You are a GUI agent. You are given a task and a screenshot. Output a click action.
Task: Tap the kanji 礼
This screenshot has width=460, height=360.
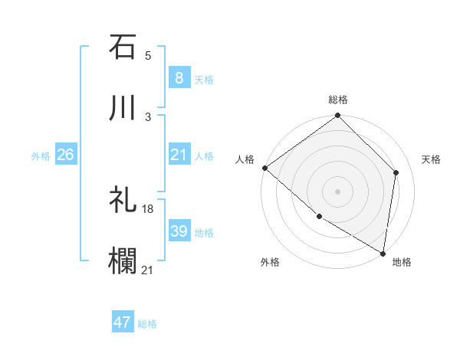(x=123, y=201)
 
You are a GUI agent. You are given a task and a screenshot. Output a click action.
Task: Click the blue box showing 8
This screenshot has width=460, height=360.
(x=179, y=78)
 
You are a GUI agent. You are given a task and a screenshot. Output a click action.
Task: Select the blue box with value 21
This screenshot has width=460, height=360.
(x=179, y=155)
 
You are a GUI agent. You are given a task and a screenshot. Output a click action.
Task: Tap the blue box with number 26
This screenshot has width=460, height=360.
(x=65, y=155)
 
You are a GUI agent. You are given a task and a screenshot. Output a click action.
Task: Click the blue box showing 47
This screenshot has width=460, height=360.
(x=123, y=322)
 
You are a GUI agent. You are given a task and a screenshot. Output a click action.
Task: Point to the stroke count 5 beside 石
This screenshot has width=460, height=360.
(x=148, y=55)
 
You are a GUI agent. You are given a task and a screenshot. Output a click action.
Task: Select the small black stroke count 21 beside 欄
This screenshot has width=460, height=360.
(x=148, y=270)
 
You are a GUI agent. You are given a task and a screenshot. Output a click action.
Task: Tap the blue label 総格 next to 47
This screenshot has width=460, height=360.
(x=147, y=324)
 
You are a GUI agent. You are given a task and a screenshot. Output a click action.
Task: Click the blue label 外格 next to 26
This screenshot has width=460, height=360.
(x=41, y=156)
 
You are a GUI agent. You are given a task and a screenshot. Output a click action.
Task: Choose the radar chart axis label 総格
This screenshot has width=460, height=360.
(x=338, y=100)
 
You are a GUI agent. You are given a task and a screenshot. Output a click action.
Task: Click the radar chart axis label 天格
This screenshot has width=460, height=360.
(x=431, y=159)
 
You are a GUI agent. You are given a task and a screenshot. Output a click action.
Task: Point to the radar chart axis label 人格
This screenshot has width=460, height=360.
(x=245, y=159)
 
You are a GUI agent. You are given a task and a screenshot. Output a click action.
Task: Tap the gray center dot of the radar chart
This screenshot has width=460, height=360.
(x=338, y=191)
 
